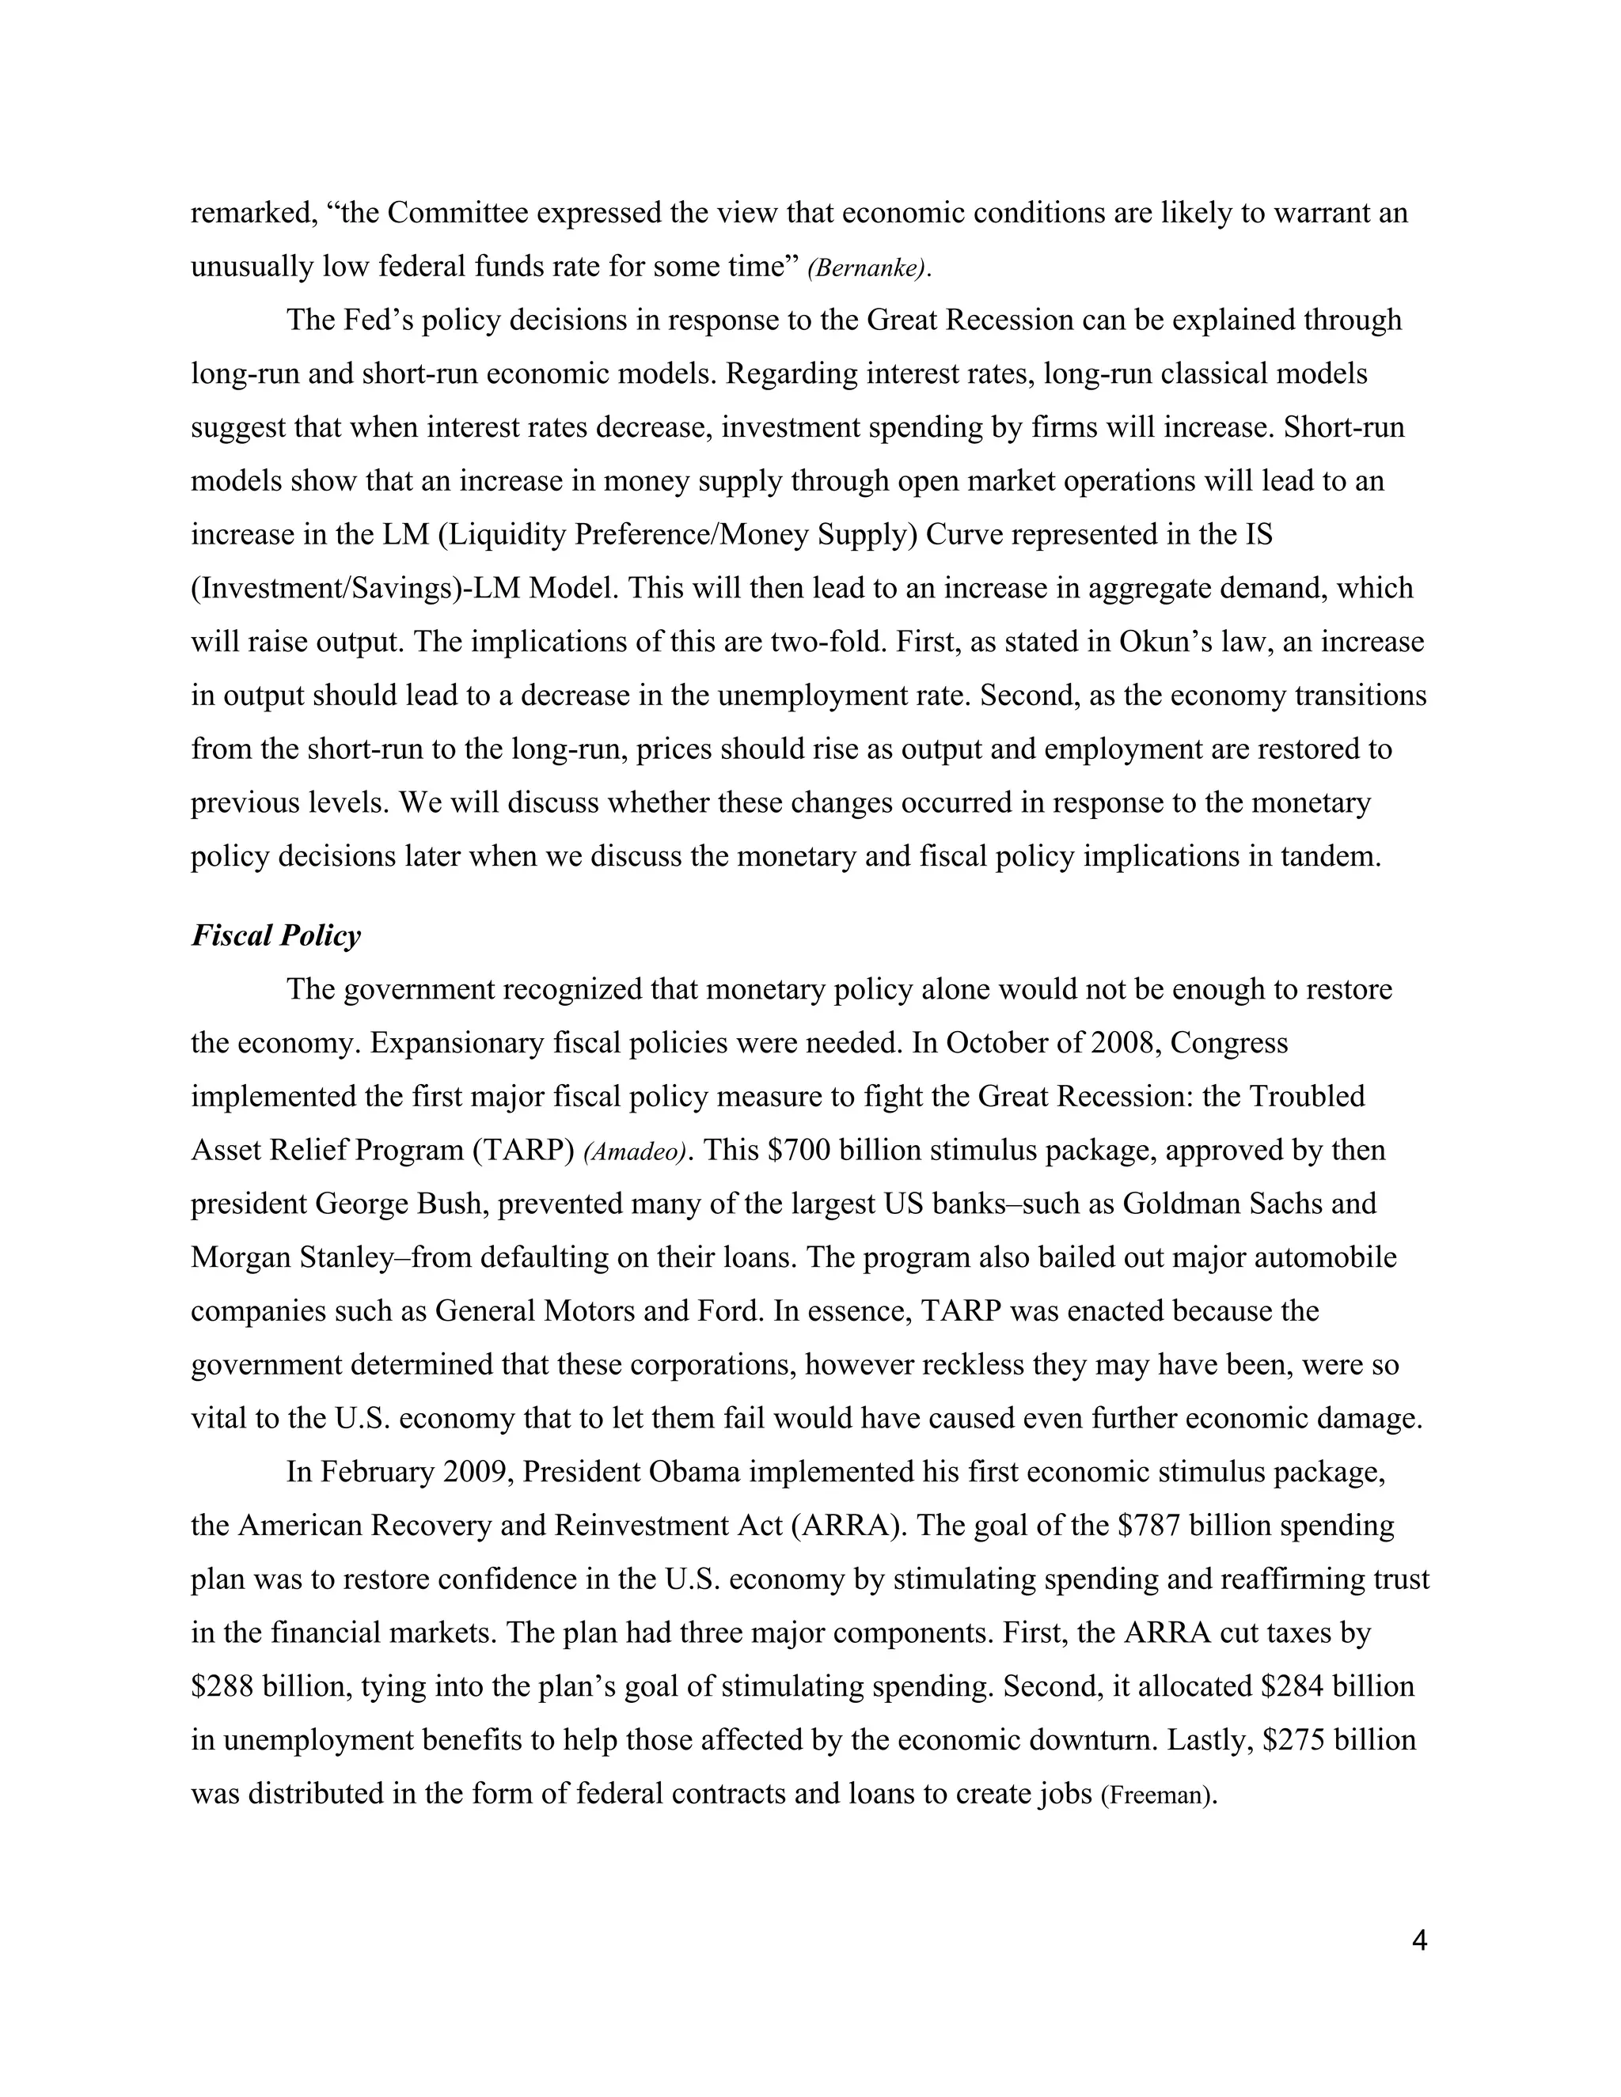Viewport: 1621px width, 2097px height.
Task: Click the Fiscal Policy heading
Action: (275, 935)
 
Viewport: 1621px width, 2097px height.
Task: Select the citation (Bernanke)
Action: (869, 268)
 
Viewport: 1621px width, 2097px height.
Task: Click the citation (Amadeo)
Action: (635, 1151)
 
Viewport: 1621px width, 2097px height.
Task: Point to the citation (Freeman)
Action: (1158, 1795)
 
